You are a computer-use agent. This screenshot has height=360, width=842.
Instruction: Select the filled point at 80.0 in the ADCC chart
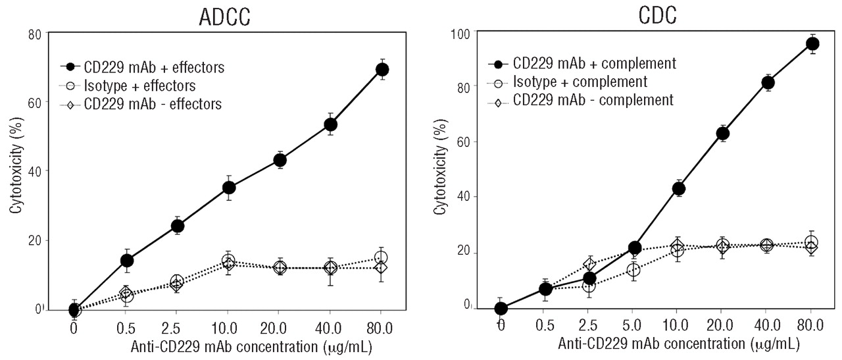pyautogui.click(x=382, y=69)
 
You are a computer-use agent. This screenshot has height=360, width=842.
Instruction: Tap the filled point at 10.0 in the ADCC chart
pyautogui.click(x=228, y=188)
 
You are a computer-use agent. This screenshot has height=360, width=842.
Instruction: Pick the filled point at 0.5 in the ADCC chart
pyautogui.click(x=126, y=260)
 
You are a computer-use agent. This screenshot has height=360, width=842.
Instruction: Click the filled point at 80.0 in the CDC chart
pyautogui.click(x=812, y=44)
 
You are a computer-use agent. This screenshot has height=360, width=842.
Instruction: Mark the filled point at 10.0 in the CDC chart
pyautogui.click(x=679, y=189)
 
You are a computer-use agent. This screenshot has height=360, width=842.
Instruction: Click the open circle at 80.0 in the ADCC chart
pyautogui.click(x=382, y=257)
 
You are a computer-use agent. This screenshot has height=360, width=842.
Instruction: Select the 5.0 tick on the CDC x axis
pyautogui.click(x=634, y=325)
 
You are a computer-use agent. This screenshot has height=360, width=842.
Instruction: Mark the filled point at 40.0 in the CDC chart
pyautogui.click(x=768, y=82)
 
